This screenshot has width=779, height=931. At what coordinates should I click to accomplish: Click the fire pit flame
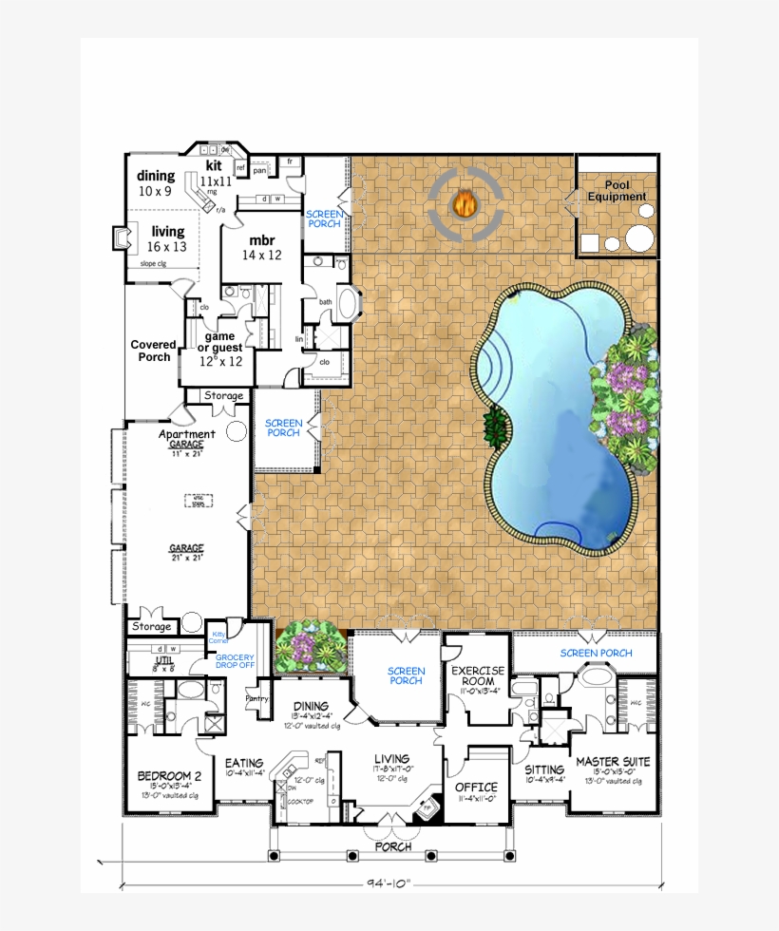tap(465, 203)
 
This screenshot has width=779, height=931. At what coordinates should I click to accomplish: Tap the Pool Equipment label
tap(617, 191)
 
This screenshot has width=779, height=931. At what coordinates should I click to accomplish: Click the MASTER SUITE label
tap(613, 762)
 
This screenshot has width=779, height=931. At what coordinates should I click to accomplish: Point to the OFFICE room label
tap(476, 787)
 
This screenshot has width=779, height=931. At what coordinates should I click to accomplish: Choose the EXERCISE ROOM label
tap(479, 675)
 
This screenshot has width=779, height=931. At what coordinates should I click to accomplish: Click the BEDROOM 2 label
tap(168, 774)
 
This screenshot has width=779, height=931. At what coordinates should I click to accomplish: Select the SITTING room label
tap(544, 769)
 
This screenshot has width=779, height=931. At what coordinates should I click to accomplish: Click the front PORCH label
tap(392, 846)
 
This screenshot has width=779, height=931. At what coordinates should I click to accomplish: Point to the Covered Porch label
tap(153, 351)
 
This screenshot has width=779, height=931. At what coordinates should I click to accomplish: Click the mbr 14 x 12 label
tap(261, 247)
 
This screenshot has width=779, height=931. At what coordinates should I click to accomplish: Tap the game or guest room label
tap(220, 349)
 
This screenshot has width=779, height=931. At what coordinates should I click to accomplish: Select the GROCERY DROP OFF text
tap(235, 660)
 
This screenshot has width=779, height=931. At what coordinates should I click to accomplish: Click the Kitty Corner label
tap(219, 637)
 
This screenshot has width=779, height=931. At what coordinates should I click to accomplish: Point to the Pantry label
tap(257, 698)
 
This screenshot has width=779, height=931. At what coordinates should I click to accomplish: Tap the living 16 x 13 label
tap(168, 238)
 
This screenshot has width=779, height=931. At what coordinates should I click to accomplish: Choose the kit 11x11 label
tap(215, 174)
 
